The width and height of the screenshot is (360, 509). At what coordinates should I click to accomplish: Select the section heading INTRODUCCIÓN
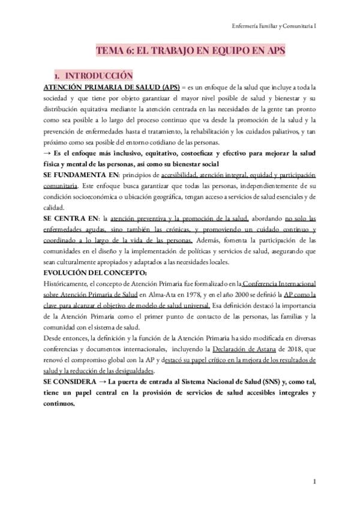point(98,76)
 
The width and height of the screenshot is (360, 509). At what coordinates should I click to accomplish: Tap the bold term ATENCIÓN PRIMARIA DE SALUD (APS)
point(110,88)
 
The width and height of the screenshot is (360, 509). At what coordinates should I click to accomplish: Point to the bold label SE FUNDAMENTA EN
point(81,175)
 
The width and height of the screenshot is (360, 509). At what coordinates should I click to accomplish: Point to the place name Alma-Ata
point(168,295)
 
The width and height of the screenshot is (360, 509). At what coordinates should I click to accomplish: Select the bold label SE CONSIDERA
point(69,382)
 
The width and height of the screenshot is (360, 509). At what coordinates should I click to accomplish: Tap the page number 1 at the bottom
point(314,482)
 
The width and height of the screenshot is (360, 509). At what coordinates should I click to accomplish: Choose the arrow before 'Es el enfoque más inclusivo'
point(47,153)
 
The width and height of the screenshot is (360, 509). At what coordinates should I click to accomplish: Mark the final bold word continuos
point(59,403)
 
